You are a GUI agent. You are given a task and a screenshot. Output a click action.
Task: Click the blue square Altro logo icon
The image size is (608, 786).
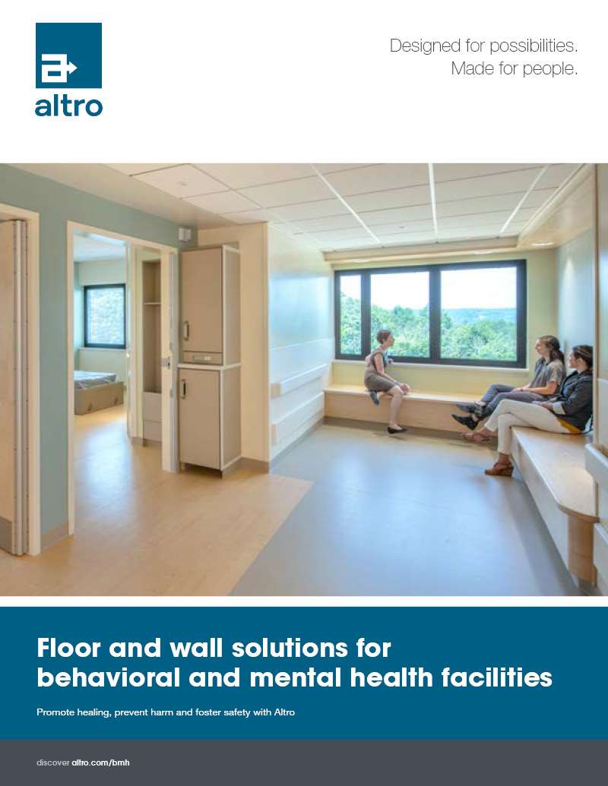coord(68,55)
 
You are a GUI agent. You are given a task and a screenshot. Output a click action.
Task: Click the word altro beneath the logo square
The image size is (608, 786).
coord(68,106)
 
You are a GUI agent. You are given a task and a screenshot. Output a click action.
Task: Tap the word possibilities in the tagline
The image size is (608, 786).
coord(534,46)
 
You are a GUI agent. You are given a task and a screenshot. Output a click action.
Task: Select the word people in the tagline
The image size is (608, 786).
coord(549,68)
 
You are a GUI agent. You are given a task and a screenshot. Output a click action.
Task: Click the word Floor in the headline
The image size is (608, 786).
coord(69,648)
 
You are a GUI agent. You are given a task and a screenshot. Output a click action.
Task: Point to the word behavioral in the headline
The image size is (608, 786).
coord(109,677)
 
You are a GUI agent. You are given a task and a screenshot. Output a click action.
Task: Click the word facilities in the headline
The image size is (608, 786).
coord(496,677)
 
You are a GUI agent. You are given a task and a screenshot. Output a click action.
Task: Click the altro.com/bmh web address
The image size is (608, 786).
coord(101,762)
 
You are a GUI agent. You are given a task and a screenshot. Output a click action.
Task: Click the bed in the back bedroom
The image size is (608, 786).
coord(99,392)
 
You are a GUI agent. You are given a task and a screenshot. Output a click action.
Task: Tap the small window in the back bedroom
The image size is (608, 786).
coord(105,316)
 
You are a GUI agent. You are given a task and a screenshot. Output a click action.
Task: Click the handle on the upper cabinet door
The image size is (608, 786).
coord(186,331)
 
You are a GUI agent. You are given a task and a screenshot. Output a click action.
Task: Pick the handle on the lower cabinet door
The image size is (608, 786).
coord(184,389)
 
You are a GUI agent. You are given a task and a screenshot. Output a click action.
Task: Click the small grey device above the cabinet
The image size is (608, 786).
coord(185,235)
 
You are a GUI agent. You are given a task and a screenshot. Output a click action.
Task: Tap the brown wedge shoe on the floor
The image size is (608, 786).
coord(499,469)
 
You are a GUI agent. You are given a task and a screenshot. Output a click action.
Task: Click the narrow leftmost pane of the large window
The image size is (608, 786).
coord(350,315)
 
